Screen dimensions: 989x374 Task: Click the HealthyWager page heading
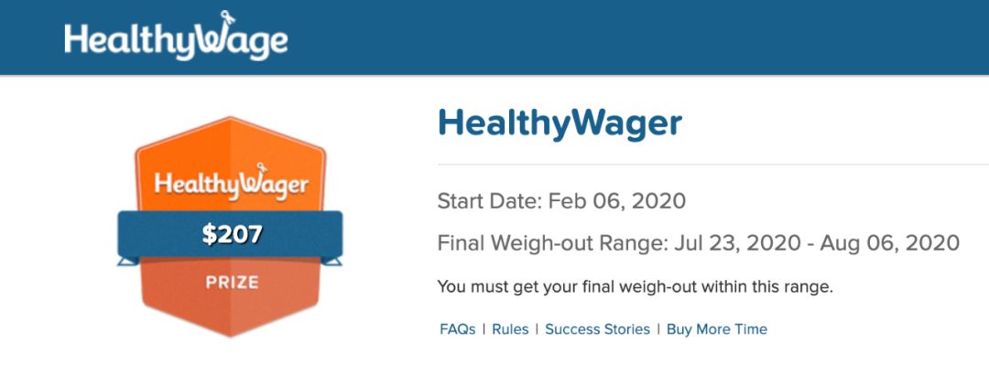[x=560, y=123]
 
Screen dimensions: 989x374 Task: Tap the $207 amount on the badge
[x=232, y=235]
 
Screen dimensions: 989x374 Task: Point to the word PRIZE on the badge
[x=232, y=283]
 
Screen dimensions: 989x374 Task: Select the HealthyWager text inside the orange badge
[x=232, y=183]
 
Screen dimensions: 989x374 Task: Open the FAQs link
[x=458, y=329]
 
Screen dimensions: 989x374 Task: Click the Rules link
[x=510, y=329]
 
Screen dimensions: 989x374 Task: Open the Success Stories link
[x=597, y=329]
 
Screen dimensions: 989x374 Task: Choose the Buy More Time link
[x=717, y=329]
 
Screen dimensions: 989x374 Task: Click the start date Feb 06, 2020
[x=617, y=201]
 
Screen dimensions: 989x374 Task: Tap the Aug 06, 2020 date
[x=890, y=243]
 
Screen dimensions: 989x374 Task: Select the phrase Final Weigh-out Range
[x=552, y=243]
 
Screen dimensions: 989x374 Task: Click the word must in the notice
[x=483, y=288]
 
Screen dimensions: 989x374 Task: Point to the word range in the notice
[x=813, y=289]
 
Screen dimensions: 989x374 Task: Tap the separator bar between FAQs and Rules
[x=484, y=329]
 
